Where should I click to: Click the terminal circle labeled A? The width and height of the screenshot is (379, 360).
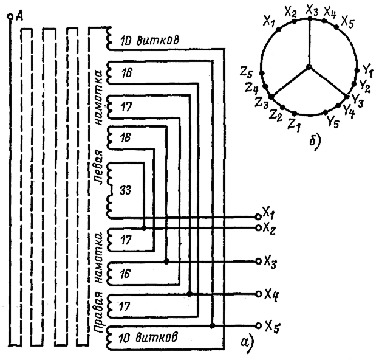(10, 16)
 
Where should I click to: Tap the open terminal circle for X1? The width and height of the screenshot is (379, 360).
(258, 216)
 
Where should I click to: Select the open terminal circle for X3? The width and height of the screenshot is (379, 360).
(259, 261)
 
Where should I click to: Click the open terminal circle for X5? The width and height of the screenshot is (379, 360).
(259, 326)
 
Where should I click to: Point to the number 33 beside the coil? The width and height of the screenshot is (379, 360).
(126, 191)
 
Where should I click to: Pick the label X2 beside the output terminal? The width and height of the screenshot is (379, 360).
(269, 229)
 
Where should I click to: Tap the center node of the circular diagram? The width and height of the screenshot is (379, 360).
(309, 67)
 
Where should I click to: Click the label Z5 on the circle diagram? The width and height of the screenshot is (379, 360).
(247, 72)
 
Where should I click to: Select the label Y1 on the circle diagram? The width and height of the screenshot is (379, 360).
(368, 71)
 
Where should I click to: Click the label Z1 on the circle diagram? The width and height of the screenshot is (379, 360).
(294, 125)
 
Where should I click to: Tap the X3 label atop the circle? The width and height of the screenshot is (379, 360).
(312, 10)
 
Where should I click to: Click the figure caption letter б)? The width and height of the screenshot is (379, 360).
(315, 142)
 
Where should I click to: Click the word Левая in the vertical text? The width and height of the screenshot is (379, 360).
(98, 168)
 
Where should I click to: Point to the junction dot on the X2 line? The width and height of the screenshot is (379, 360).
(144, 228)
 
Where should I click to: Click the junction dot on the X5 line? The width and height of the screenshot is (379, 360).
(212, 326)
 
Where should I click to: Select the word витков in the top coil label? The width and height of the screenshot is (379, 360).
(158, 40)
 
